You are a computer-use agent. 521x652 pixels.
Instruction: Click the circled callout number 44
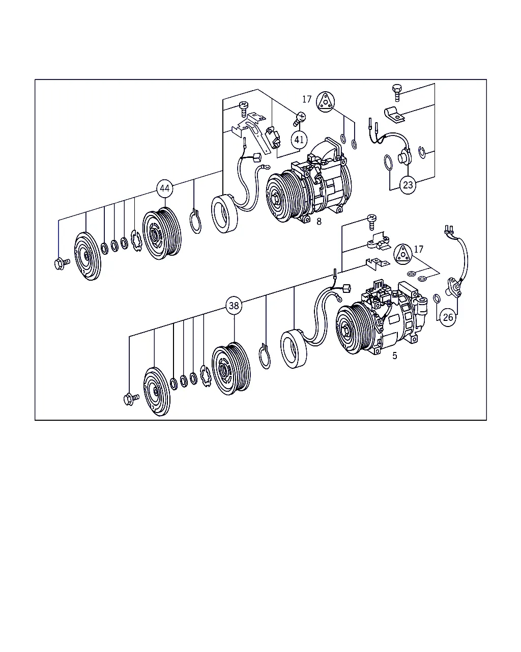(165, 188)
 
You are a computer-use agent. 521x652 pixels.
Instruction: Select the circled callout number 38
(234, 306)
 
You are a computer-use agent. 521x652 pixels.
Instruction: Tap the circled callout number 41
(299, 140)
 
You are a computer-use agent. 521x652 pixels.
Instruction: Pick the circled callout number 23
(408, 184)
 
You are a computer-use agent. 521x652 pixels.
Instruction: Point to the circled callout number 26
(448, 317)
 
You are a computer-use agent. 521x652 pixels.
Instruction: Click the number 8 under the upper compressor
(319, 222)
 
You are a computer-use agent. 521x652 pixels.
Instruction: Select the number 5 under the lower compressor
(394, 356)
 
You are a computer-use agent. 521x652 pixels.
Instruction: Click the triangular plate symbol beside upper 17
(326, 101)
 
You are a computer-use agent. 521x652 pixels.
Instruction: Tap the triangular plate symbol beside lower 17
(403, 254)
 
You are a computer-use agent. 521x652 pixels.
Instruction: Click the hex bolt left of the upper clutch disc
(62, 263)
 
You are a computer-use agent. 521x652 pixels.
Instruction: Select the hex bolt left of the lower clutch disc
(131, 399)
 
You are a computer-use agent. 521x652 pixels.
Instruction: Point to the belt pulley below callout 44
(162, 233)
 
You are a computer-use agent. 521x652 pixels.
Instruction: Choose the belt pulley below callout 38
(231, 368)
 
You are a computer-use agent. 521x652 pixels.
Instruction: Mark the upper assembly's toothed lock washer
(136, 240)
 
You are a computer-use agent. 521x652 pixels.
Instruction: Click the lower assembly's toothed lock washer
(206, 376)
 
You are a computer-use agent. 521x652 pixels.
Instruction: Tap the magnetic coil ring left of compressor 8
(224, 214)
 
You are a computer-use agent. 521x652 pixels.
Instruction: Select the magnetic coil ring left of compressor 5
(294, 349)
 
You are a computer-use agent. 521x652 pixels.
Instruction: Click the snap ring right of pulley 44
(195, 221)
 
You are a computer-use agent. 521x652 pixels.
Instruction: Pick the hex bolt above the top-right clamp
(397, 92)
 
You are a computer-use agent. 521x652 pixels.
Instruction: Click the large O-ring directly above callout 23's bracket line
(388, 162)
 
